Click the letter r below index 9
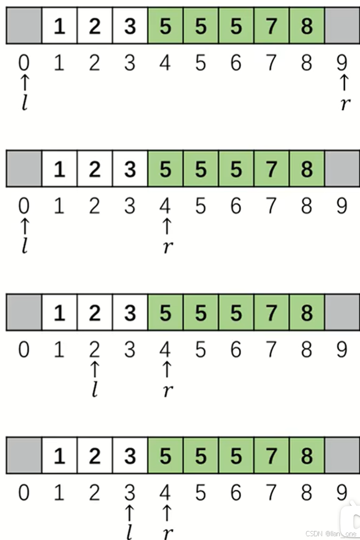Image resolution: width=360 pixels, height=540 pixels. click(345, 104)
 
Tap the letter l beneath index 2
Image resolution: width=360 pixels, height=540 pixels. click(95, 390)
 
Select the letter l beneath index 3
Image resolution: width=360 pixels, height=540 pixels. click(129, 533)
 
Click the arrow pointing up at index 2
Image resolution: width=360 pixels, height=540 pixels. click(95, 369)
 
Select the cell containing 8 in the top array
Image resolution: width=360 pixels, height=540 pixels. click(307, 26)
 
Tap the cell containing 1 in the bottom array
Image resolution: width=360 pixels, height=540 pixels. click(59, 456)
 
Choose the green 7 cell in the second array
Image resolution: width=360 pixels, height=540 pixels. click(271, 169)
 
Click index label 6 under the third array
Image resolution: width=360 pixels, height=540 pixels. click(236, 350)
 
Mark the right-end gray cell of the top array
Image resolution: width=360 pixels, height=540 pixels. click(342, 26)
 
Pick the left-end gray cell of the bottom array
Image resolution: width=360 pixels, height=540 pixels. click(24, 456)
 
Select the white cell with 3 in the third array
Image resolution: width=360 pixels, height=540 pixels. click(130, 313)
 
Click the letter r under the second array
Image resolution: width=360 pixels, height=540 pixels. click(166, 246)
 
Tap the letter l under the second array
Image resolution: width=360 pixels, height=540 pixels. click(25, 246)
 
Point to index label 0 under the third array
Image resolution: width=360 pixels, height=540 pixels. click(24, 350)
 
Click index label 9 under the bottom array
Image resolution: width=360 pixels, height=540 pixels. click(342, 493)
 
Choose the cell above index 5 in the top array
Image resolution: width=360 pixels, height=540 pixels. click(201, 26)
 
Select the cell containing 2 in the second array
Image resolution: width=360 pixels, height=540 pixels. click(95, 169)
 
